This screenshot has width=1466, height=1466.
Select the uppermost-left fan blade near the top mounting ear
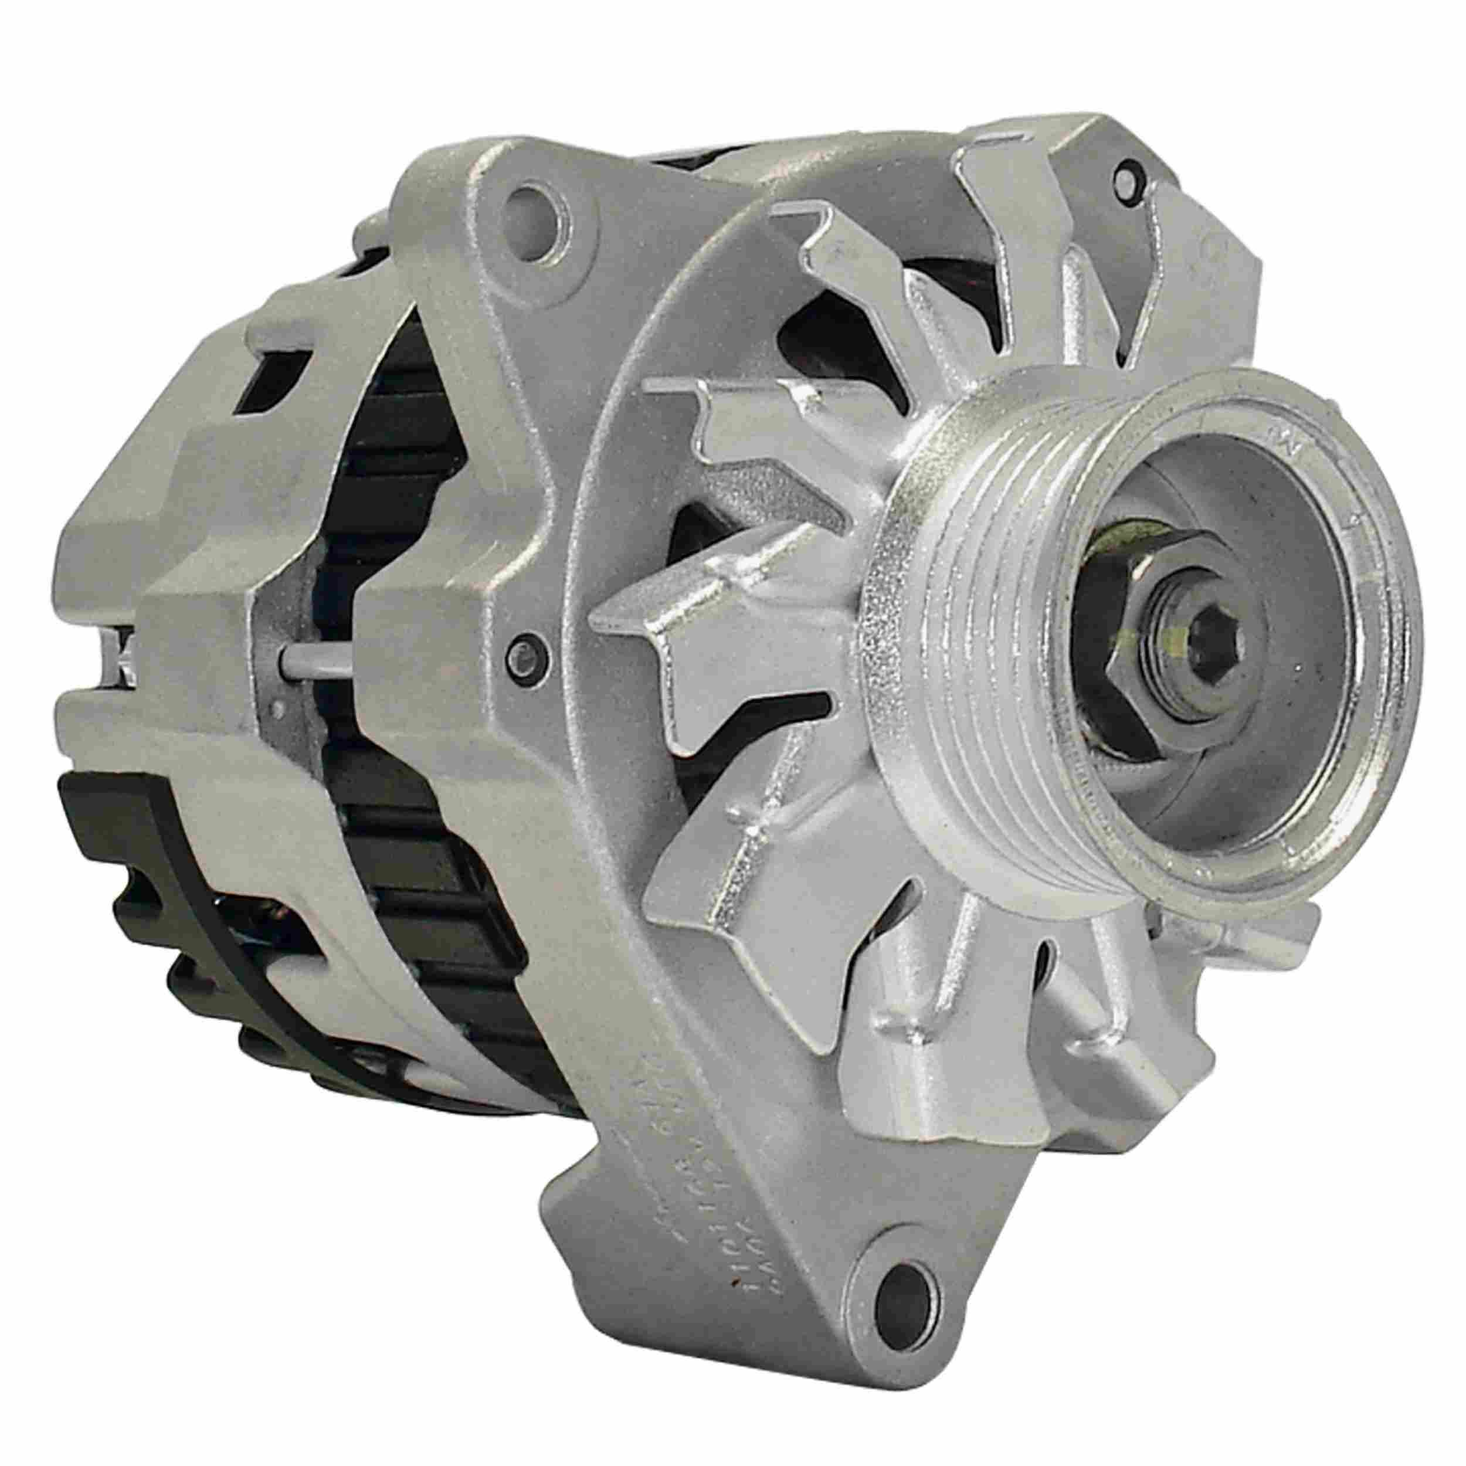[820, 250]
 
